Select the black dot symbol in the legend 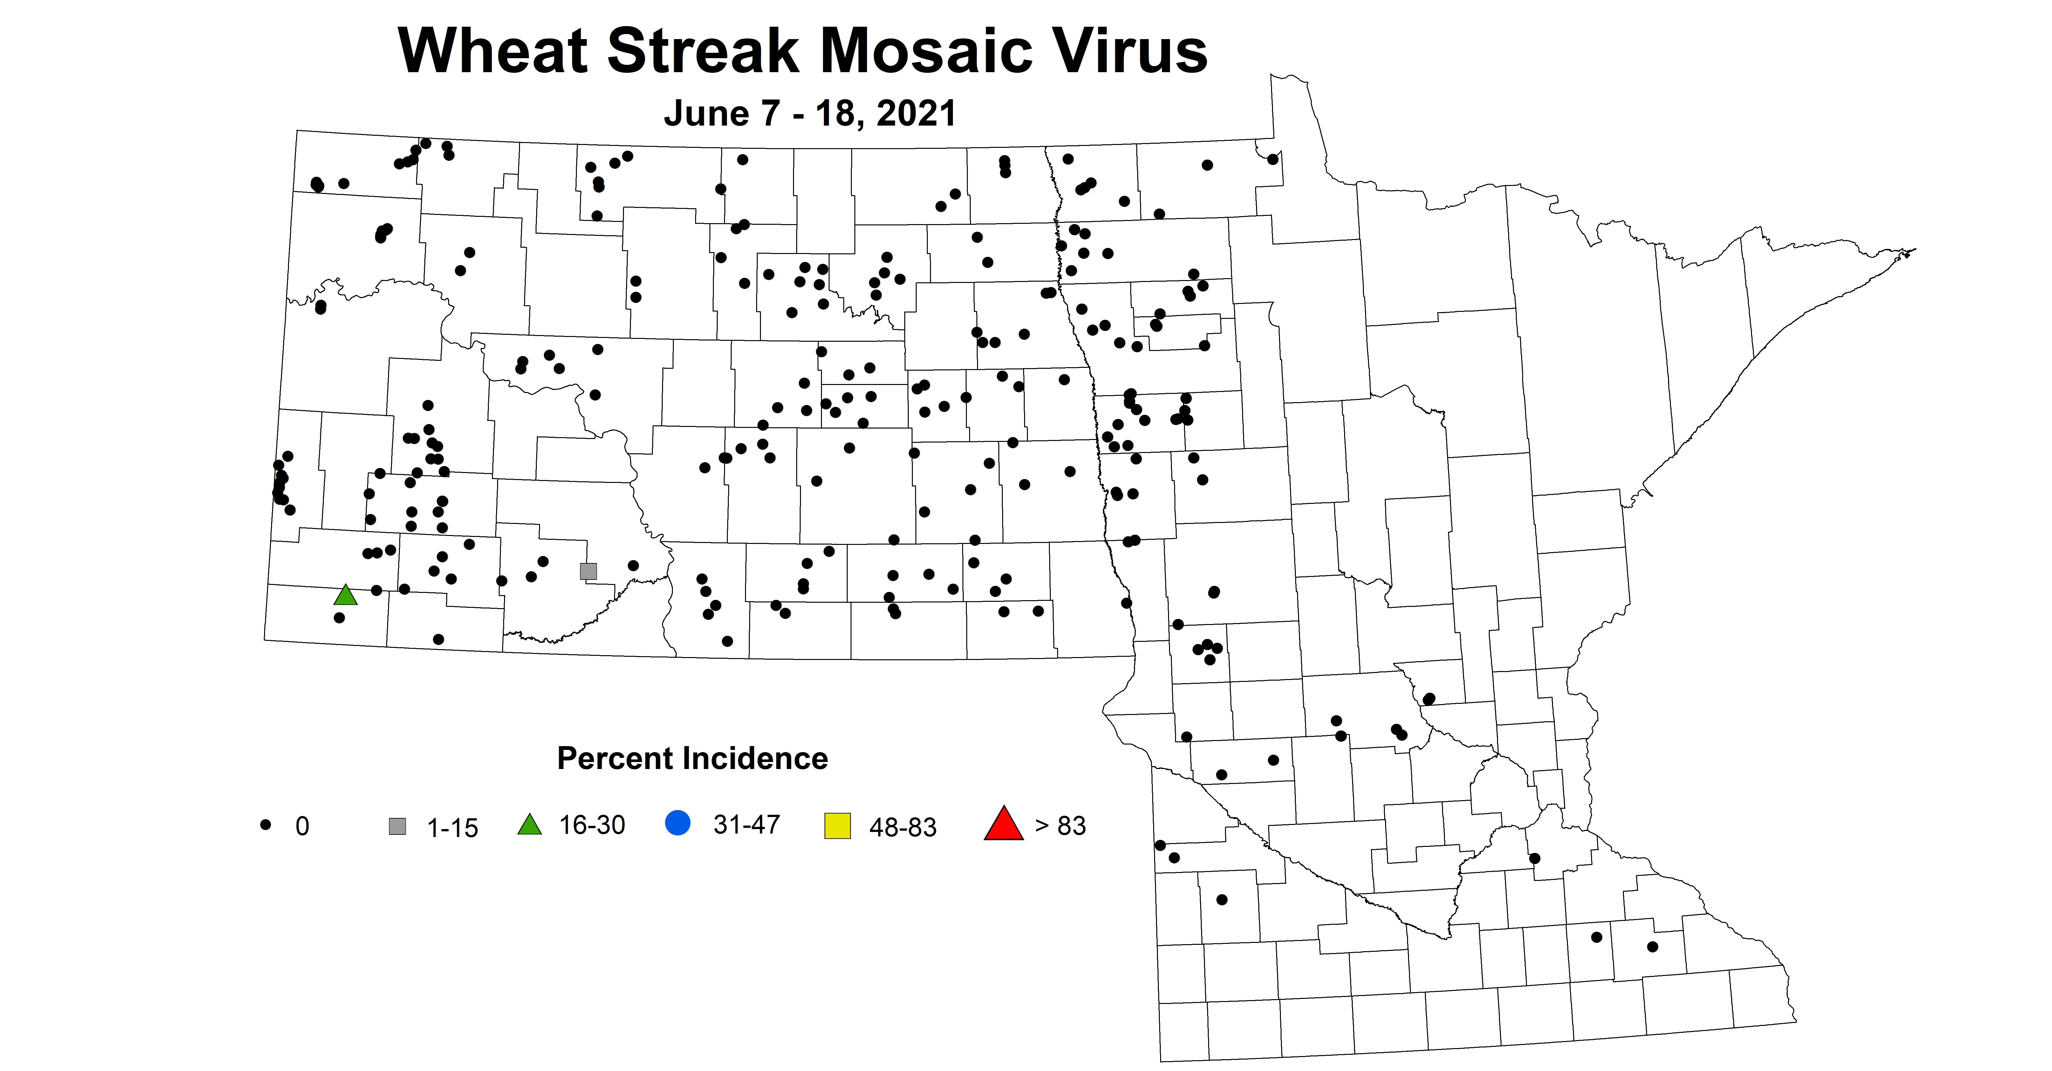[x=266, y=825]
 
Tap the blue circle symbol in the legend [x=677, y=822]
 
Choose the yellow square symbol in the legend [x=837, y=826]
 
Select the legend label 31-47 [x=746, y=825]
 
